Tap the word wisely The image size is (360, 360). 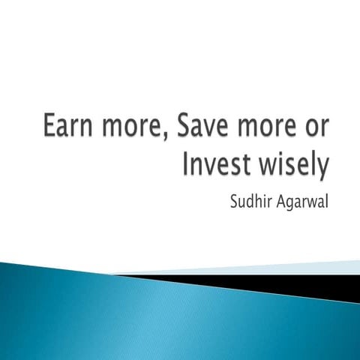coord(290,164)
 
